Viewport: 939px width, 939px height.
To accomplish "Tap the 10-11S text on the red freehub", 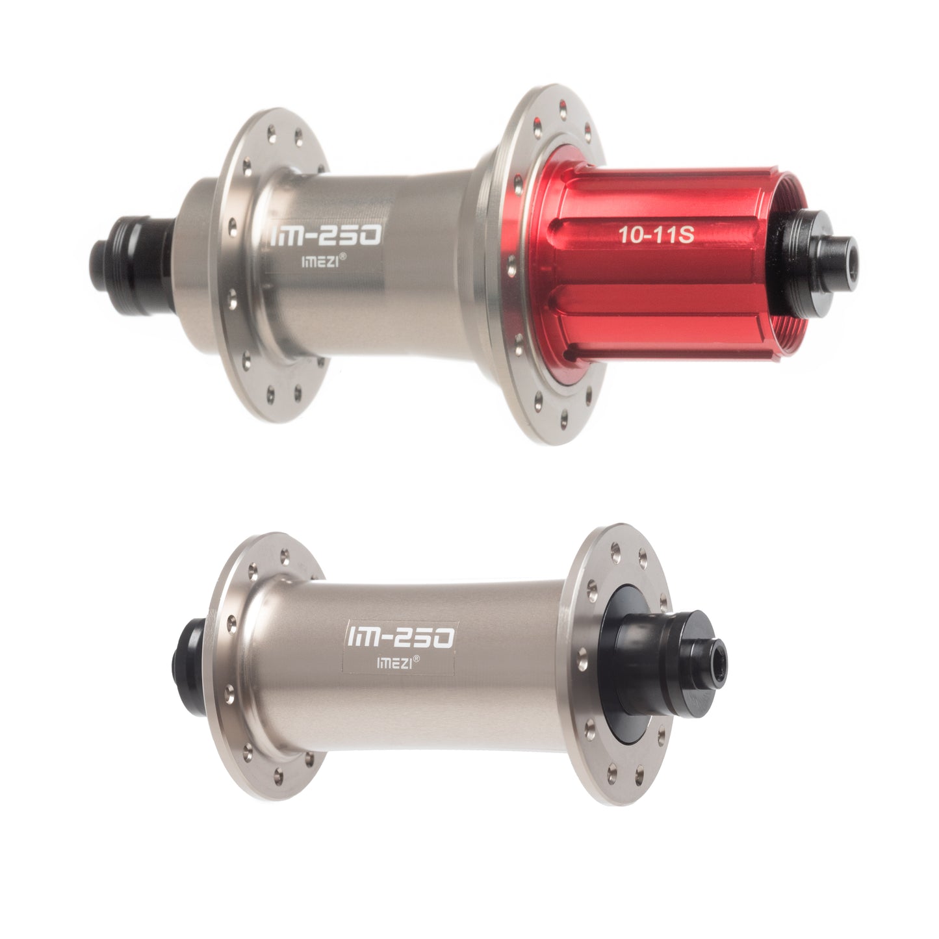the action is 656,235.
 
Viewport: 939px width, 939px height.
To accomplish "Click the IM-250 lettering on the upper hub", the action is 326,234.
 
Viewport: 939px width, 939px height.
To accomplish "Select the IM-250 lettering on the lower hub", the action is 400,637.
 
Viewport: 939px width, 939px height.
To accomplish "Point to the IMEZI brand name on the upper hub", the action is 320,262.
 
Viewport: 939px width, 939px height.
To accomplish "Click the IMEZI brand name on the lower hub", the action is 394,663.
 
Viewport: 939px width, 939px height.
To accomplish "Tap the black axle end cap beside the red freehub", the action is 819,263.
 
